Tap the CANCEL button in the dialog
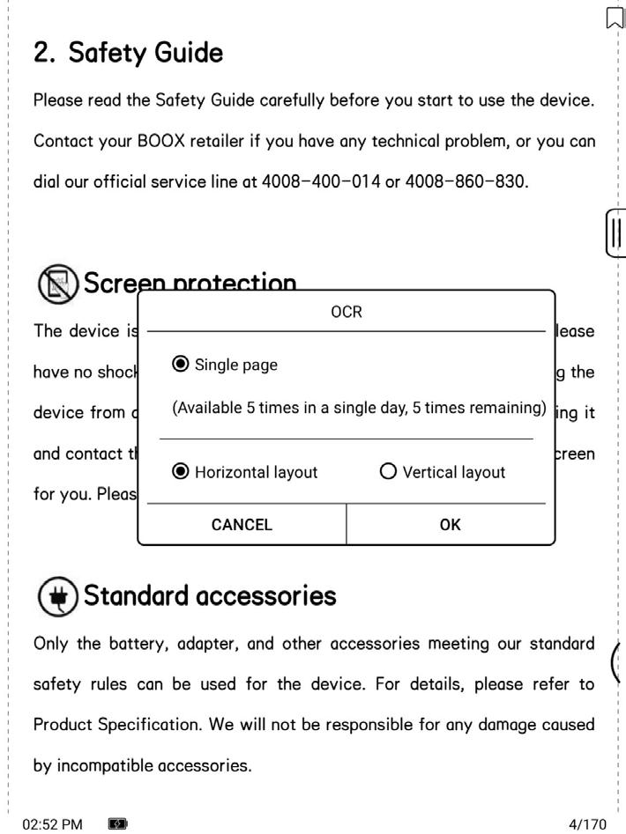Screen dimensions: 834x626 pos(242,525)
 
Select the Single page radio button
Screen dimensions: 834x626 pos(181,364)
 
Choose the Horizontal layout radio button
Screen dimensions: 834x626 pos(181,472)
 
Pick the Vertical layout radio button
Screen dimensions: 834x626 pos(388,472)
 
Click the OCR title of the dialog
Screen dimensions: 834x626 pos(347,312)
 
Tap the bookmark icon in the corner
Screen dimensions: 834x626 pos(615,18)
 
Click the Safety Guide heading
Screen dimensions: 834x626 pos(128,53)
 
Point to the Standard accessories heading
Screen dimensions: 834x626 pos(209,596)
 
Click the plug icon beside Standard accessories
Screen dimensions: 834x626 pos(56,597)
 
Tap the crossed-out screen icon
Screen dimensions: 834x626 pos(56,284)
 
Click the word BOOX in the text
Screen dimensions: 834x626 pos(160,141)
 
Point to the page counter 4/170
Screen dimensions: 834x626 pos(588,824)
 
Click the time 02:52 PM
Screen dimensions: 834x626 pos(52,824)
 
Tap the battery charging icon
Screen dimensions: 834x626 pos(117,824)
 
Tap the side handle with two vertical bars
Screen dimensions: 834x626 pos(615,233)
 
